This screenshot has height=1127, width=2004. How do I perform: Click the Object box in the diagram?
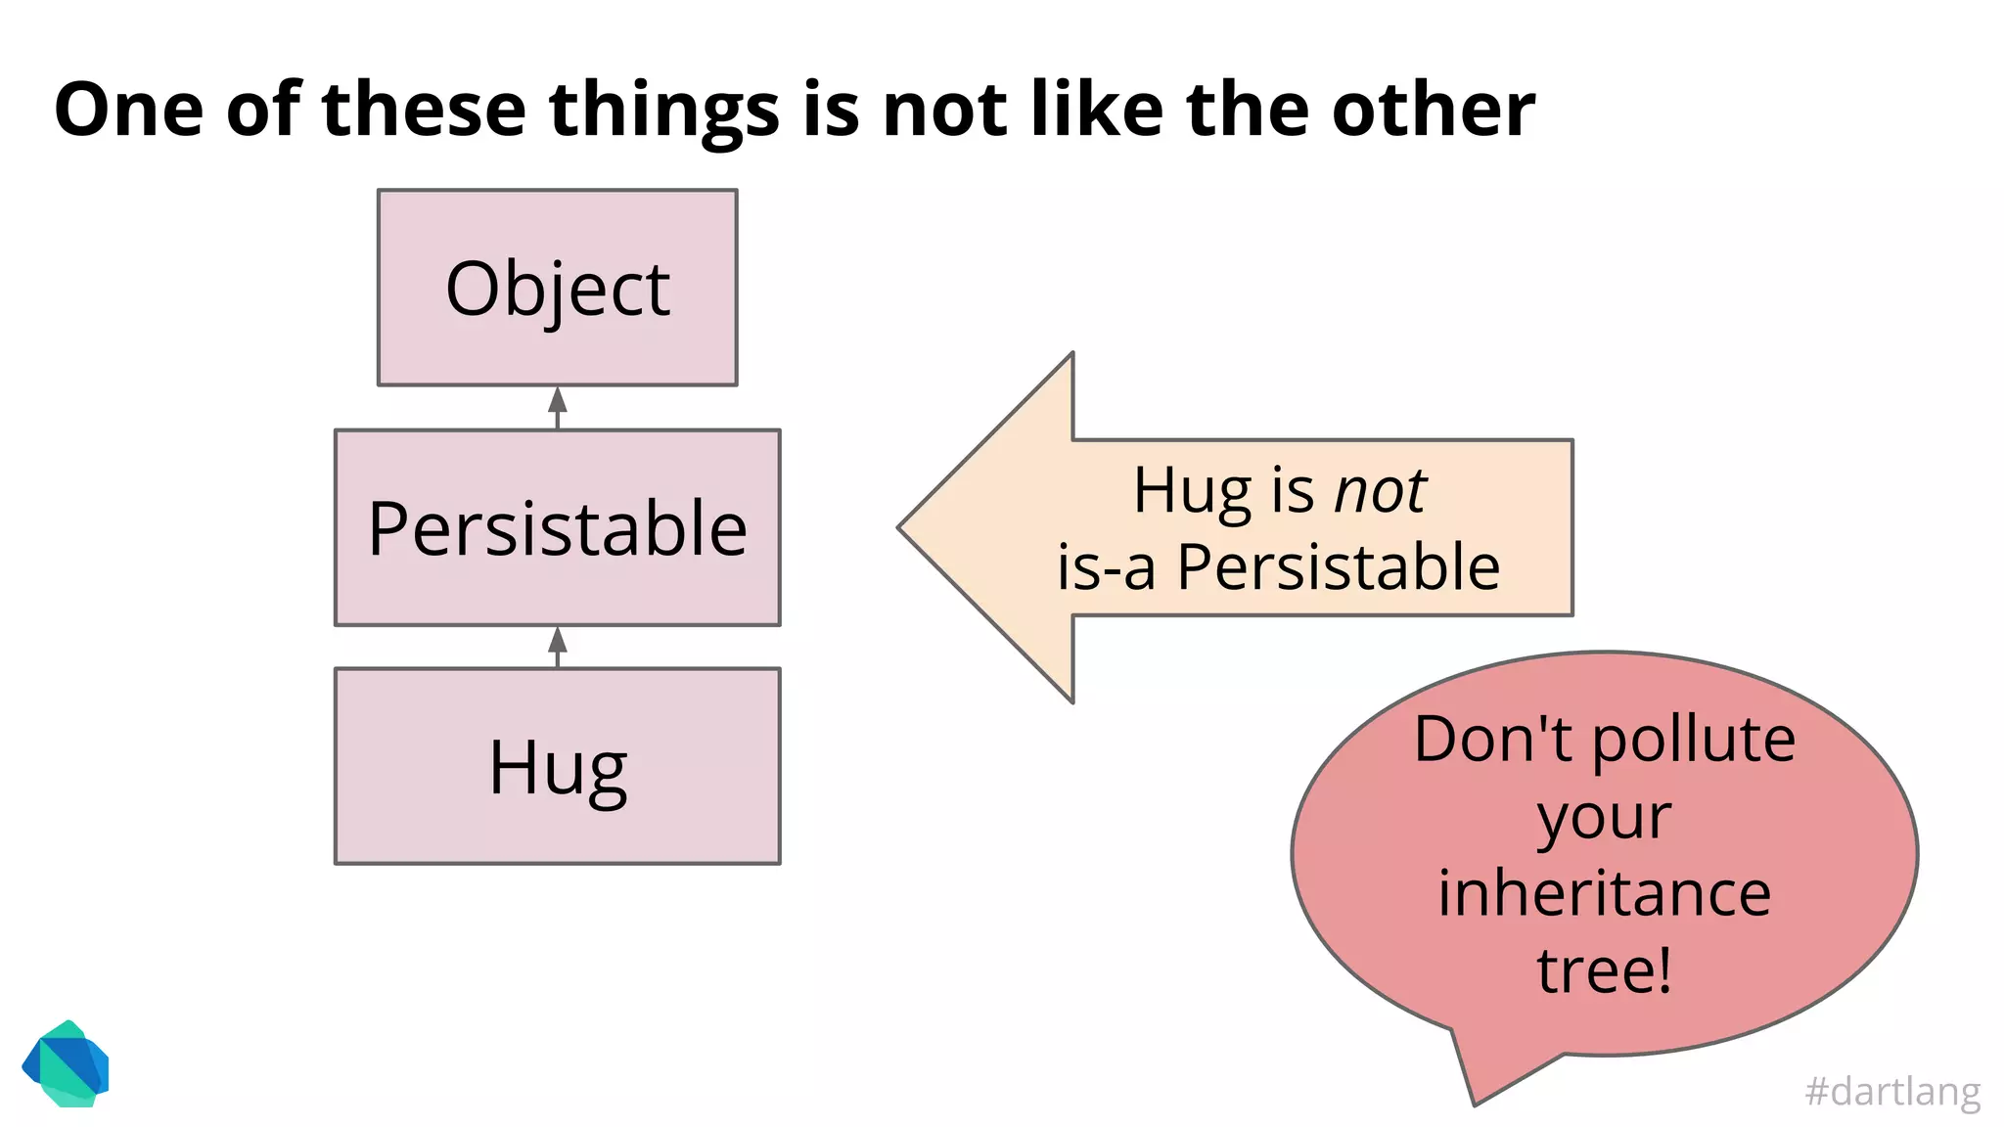coord(558,288)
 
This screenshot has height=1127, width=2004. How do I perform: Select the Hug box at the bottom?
coord(558,766)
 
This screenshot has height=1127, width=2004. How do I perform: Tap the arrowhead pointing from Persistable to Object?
coord(558,400)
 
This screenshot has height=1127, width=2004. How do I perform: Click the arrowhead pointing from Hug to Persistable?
coord(558,640)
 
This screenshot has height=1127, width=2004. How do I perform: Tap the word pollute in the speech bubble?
coord(1694,740)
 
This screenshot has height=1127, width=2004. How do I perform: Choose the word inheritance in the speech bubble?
coord(1605,893)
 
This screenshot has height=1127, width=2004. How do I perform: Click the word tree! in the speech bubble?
coord(1605,970)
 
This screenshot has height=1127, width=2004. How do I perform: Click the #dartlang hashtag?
coord(1892,1091)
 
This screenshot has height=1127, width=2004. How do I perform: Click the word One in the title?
coord(128,109)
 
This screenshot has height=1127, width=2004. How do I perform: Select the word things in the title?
coord(663,109)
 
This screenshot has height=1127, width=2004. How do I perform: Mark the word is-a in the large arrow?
coord(1107,568)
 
